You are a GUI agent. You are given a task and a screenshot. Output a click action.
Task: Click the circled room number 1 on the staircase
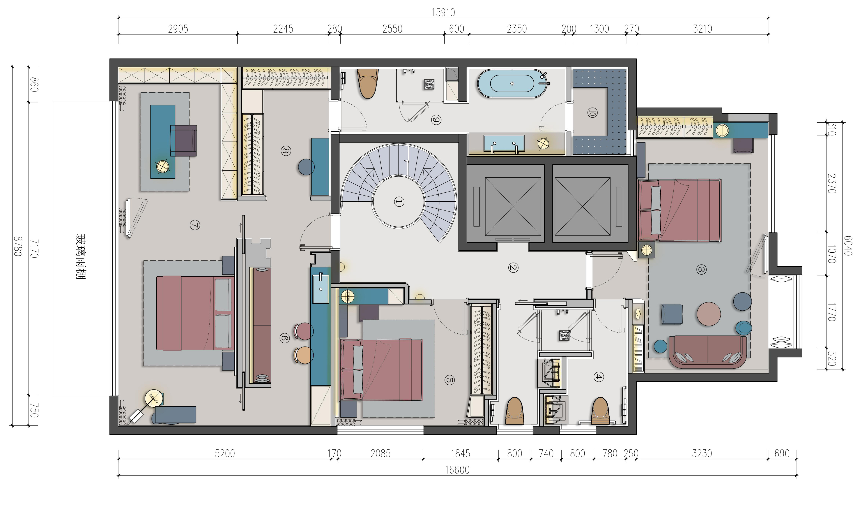pos(399,202)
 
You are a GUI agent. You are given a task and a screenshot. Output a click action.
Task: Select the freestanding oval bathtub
pos(512,83)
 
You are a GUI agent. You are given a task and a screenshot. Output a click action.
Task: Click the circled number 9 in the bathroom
pos(436,120)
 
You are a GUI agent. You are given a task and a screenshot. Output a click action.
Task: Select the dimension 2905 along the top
pos(178,29)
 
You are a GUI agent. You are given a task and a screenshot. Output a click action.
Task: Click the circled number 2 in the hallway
pos(513,268)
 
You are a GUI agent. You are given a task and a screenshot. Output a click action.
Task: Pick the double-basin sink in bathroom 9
pos(504,143)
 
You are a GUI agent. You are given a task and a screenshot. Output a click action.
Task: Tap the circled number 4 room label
pos(599,377)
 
